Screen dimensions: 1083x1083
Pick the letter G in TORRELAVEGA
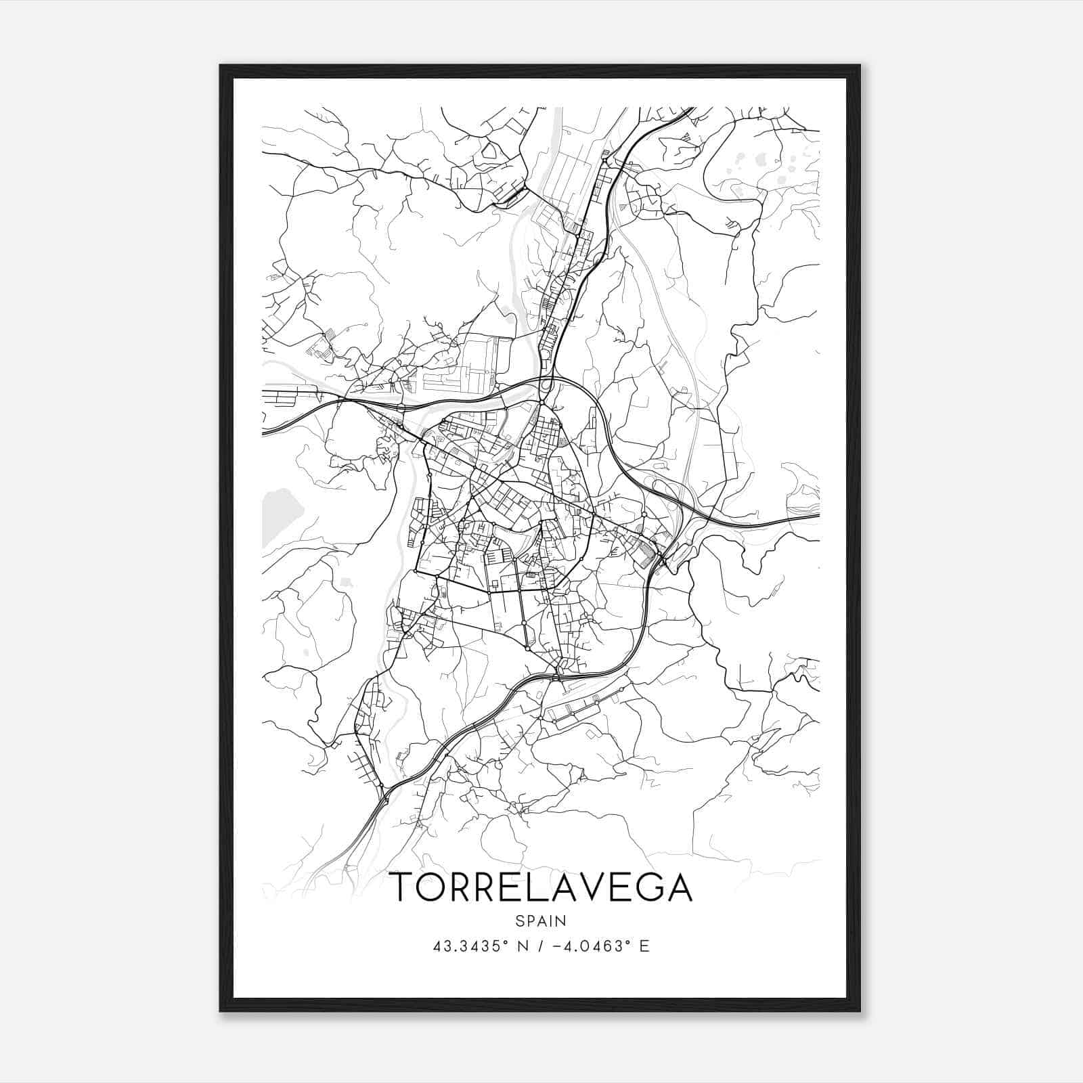[x=648, y=887]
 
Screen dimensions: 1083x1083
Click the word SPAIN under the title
[x=541, y=921]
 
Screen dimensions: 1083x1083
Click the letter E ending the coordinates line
[x=644, y=946]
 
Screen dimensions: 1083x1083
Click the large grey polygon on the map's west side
[x=279, y=514]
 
